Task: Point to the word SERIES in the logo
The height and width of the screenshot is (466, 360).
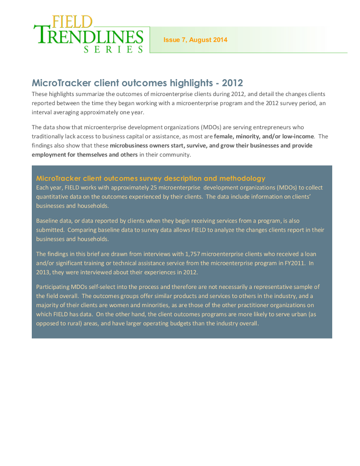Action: coord(113,49)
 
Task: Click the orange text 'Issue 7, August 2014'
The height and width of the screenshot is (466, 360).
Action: coord(195,40)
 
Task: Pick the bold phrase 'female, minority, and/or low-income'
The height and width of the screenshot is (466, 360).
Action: coord(264,136)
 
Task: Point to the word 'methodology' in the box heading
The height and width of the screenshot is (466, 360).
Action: coord(242,178)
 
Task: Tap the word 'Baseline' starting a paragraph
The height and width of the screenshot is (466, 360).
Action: coord(47,221)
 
